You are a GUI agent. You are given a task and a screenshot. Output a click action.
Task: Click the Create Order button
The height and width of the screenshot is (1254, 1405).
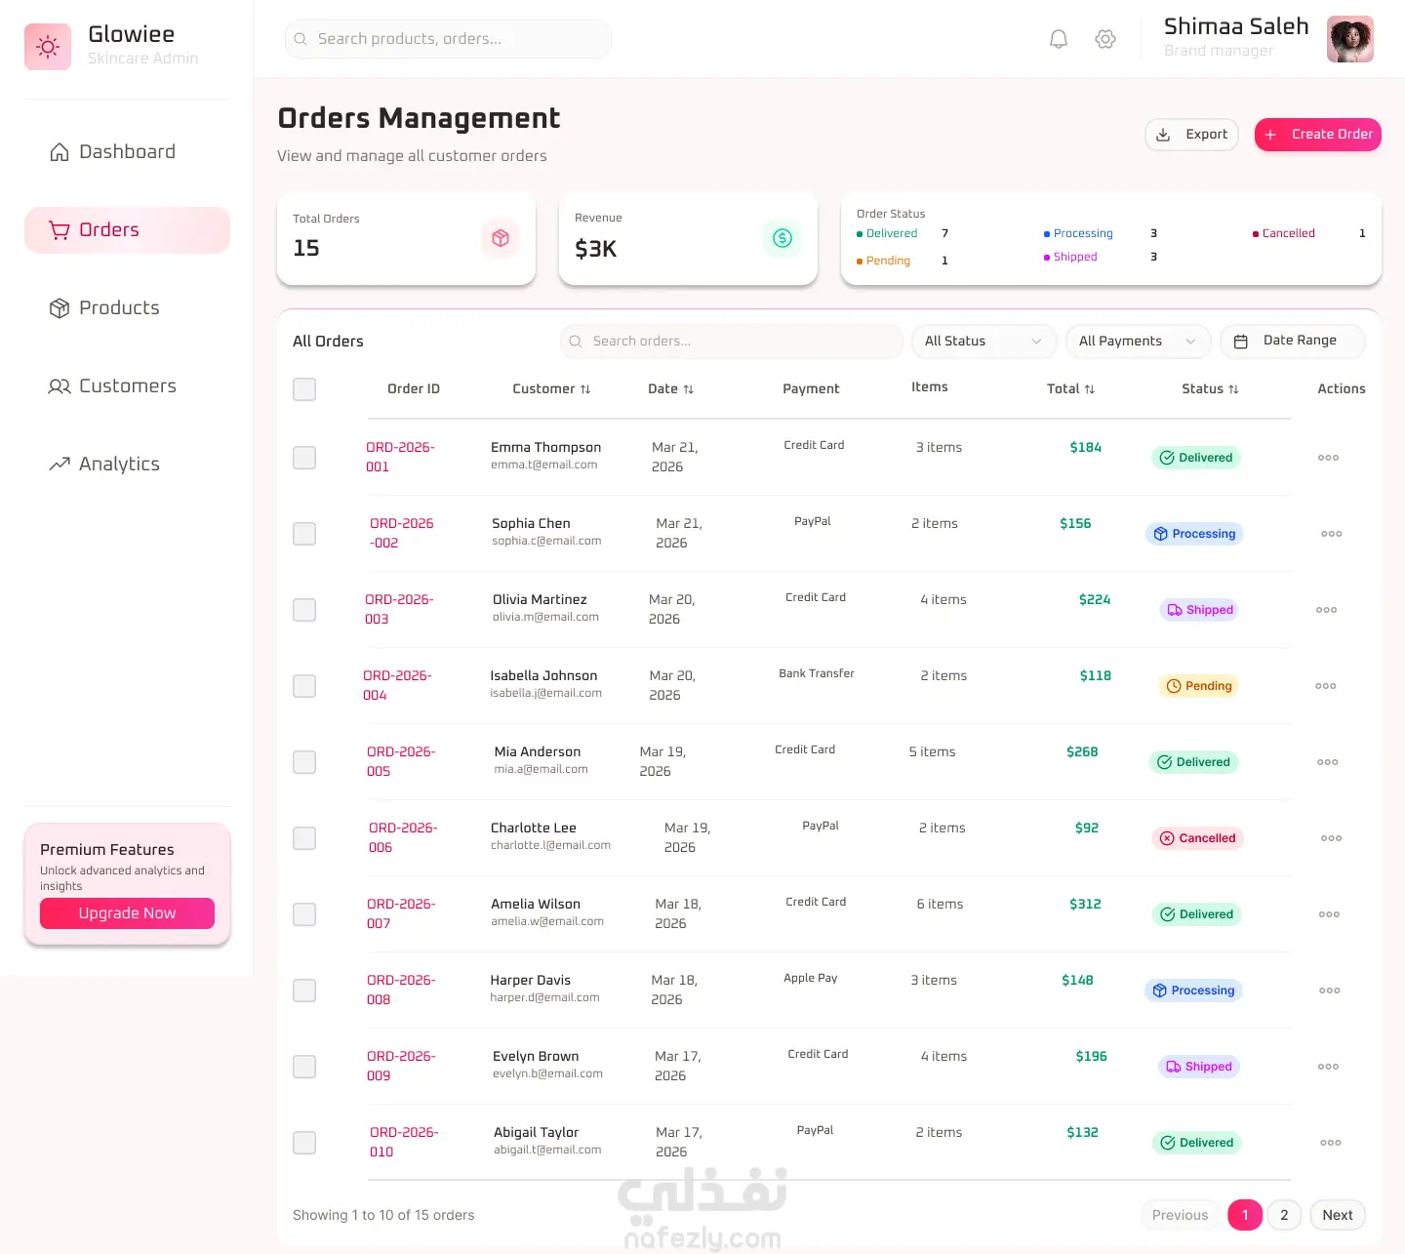click(1317, 134)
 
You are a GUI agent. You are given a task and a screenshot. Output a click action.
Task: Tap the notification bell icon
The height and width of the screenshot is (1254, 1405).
click(1058, 39)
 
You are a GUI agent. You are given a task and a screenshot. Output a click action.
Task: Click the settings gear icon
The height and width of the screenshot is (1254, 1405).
click(1104, 39)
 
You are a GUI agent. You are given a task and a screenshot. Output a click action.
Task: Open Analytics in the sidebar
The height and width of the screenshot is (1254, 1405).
click(104, 464)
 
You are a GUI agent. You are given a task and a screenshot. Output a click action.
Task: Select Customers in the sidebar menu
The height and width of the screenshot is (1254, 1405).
click(112, 385)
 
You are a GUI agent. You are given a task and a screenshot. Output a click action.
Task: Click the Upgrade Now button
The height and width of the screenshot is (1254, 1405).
click(127, 912)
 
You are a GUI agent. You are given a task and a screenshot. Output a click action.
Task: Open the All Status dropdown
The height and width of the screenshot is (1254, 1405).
click(983, 341)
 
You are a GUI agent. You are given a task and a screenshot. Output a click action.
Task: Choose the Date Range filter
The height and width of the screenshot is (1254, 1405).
click(1292, 341)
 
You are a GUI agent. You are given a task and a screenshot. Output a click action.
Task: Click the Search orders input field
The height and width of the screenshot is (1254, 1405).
click(731, 341)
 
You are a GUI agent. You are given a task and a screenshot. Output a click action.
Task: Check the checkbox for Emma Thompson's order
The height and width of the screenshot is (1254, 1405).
click(304, 457)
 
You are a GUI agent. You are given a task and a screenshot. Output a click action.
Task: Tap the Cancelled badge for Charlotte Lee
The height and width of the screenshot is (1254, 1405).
click(1197, 838)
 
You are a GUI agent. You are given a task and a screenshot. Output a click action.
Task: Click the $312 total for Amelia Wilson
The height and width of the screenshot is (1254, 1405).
click(1085, 904)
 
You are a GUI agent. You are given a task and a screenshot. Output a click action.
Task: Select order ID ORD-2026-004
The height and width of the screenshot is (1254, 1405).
click(397, 685)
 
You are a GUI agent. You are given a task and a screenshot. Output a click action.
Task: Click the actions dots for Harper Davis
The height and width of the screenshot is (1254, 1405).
click(1329, 991)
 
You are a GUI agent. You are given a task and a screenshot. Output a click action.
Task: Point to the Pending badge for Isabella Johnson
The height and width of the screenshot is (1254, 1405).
click(1198, 686)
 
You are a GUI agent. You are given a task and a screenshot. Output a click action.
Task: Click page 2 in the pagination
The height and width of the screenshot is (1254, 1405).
click(1284, 1214)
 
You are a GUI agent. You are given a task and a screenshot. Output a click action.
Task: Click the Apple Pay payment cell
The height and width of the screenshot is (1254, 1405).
click(810, 978)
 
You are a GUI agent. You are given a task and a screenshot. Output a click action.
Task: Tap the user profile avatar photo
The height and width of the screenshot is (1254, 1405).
click(1349, 39)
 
